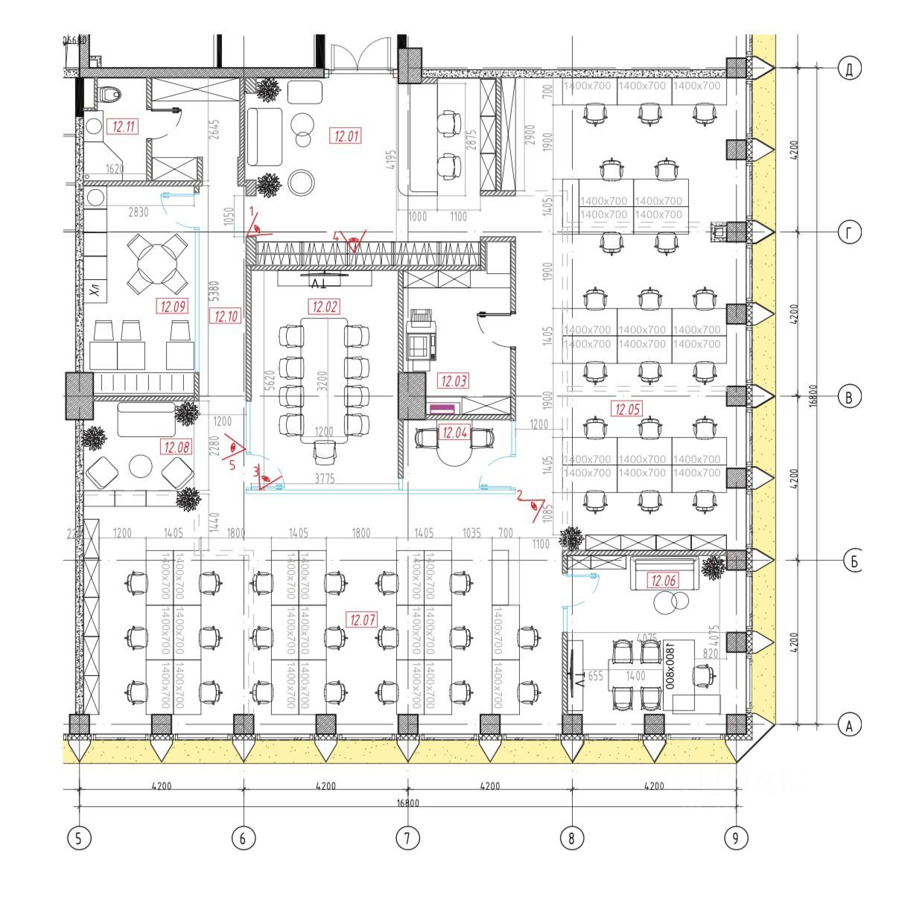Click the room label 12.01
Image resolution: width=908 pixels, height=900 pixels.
(347, 136)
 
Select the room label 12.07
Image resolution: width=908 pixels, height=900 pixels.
(362, 619)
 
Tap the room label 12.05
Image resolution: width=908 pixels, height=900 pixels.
(626, 408)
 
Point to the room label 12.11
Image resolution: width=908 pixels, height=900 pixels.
(124, 127)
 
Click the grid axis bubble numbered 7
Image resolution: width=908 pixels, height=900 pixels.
(407, 838)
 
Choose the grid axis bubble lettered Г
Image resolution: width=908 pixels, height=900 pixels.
(849, 232)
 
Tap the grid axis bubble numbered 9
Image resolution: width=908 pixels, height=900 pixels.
(735, 838)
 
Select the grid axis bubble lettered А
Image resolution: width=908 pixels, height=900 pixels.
(849, 724)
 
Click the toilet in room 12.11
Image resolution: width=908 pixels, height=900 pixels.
(111, 93)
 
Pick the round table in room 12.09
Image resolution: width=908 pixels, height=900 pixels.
(158, 263)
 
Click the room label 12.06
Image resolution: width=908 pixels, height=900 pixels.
(662, 580)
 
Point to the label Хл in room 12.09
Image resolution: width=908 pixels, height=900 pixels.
(95, 290)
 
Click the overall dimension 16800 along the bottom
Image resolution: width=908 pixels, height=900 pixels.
(407, 803)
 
